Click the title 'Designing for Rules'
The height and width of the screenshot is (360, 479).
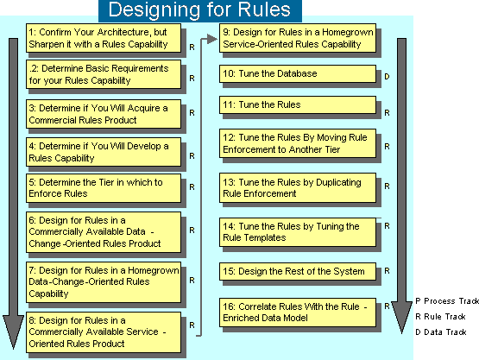(x=199, y=9)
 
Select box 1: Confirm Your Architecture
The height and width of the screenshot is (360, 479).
(x=104, y=38)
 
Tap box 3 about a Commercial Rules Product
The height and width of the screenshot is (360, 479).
(x=104, y=114)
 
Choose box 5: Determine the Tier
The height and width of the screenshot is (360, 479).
(x=104, y=188)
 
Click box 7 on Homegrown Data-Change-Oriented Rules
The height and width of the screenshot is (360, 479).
(x=104, y=282)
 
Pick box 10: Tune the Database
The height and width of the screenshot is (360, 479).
(x=298, y=73)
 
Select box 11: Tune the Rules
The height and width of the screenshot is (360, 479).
(x=298, y=104)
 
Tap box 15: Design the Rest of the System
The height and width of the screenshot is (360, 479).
(x=298, y=271)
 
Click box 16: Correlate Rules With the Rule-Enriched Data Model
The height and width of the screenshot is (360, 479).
(x=298, y=313)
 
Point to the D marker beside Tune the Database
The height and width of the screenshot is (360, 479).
(x=387, y=76)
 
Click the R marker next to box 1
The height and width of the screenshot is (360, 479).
(x=192, y=47)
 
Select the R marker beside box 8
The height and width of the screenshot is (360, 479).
(x=192, y=325)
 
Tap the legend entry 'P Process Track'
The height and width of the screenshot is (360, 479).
(x=447, y=301)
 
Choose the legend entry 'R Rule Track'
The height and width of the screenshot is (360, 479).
(x=440, y=317)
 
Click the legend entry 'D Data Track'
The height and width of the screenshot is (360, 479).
(x=441, y=332)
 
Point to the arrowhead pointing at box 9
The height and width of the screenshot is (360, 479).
(x=212, y=39)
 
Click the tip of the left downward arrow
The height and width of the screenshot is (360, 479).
(x=13, y=349)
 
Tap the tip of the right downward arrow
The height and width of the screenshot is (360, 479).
(x=401, y=333)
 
